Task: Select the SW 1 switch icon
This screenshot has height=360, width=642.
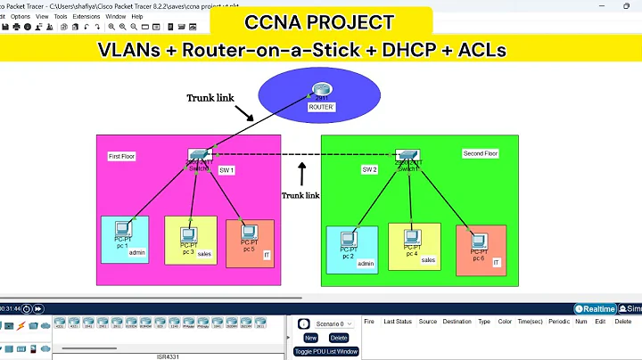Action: (x=198, y=157)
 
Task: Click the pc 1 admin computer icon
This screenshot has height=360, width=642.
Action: (x=121, y=231)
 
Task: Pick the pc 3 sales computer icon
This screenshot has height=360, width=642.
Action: (x=188, y=230)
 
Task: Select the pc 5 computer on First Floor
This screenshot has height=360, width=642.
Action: (x=247, y=231)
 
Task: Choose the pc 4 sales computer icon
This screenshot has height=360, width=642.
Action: (x=411, y=238)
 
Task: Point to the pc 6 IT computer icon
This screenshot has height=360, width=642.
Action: (x=478, y=241)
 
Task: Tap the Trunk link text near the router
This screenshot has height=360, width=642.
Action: (x=212, y=97)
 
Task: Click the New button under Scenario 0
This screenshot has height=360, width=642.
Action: (x=310, y=338)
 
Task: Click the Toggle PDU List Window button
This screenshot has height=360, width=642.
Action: (x=325, y=351)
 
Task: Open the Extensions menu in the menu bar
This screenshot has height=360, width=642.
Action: (x=86, y=16)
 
